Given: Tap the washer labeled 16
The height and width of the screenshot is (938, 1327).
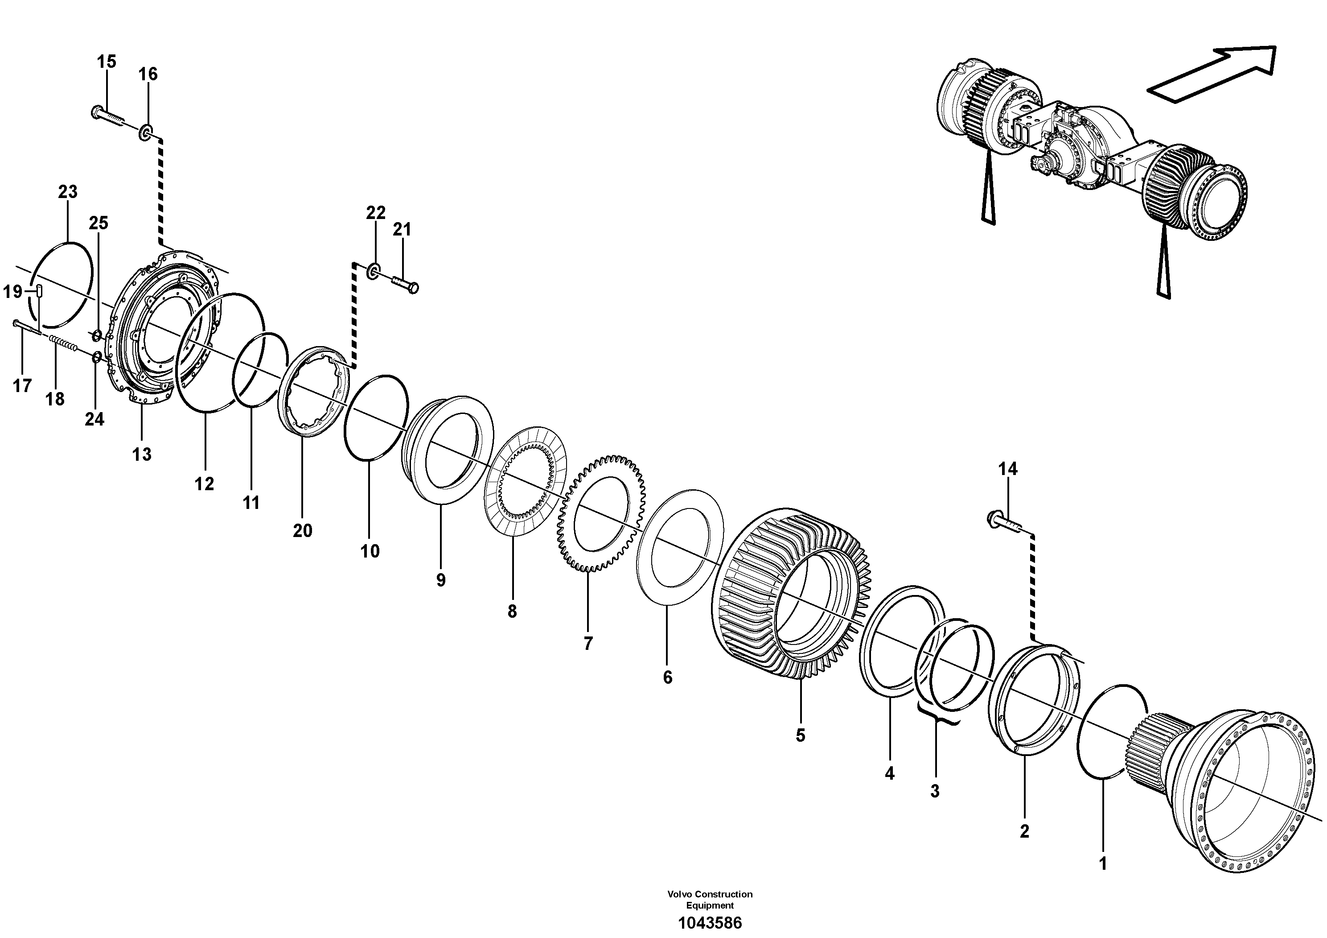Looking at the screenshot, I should (145, 135).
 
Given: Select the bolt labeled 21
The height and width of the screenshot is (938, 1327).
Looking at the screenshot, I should (405, 284).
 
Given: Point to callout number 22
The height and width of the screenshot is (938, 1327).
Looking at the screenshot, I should (376, 213).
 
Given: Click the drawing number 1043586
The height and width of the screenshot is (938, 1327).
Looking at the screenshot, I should (710, 922).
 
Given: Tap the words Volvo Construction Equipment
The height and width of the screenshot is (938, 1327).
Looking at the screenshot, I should (710, 899).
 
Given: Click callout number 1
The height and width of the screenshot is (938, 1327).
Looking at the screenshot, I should (1103, 880).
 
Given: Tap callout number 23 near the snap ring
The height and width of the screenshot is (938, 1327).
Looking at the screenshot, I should (68, 191).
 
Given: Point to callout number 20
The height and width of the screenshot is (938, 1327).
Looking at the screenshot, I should (302, 530).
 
